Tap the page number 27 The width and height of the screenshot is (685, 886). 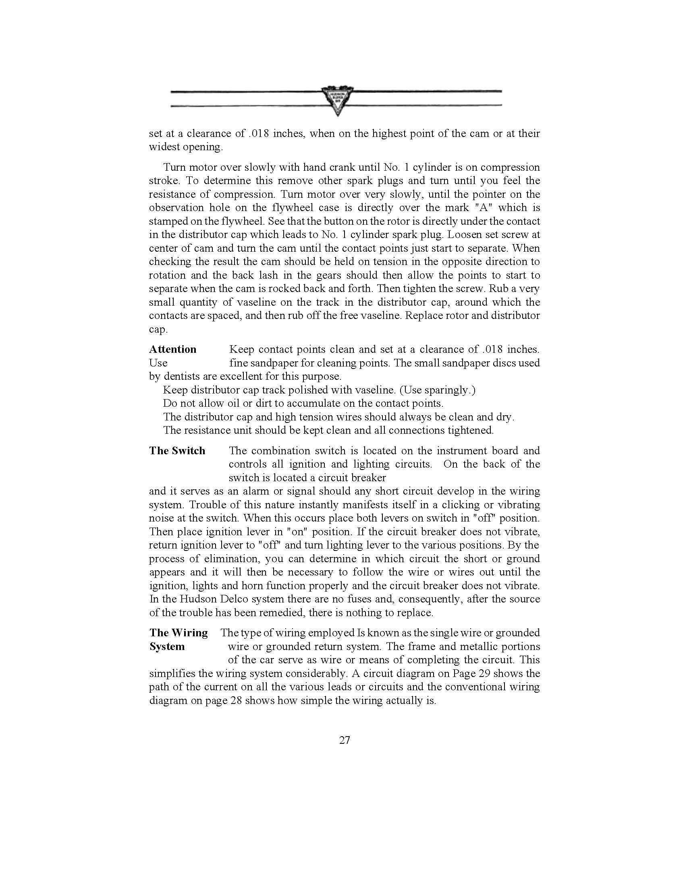[x=345, y=740]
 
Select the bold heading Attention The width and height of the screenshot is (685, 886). [x=172, y=349]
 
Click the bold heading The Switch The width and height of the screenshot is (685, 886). [x=177, y=451]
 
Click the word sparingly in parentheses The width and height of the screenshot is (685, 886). [x=448, y=390]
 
